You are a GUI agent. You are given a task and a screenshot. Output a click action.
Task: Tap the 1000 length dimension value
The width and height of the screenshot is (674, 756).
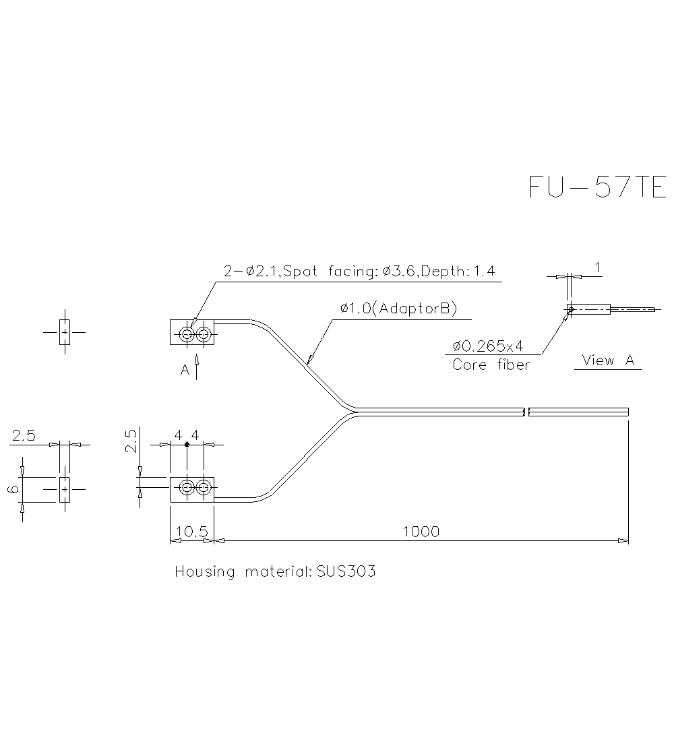point(421,532)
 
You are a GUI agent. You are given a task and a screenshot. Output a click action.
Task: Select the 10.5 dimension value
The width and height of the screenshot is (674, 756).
point(191,532)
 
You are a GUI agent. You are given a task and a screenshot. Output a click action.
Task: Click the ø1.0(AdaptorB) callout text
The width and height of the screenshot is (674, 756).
point(399,309)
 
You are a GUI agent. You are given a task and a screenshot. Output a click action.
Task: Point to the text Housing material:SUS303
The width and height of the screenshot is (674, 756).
point(275,572)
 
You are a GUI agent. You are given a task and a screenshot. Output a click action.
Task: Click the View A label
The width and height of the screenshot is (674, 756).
point(608,360)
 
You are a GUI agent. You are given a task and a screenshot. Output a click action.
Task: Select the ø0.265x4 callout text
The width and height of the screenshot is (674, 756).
point(488,346)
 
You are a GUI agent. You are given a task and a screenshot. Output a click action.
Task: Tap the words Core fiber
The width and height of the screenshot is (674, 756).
point(491,365)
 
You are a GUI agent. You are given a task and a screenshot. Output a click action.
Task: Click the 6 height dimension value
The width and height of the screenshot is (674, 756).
point(13,489)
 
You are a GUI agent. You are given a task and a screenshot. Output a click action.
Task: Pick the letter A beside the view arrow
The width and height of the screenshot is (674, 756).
point(185,370)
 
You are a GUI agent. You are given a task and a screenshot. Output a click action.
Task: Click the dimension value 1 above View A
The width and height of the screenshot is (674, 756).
point(597,267)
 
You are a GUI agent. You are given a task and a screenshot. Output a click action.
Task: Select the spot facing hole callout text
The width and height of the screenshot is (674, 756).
point(359,272)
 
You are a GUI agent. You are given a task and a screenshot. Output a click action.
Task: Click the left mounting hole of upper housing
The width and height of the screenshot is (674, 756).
point(187,333)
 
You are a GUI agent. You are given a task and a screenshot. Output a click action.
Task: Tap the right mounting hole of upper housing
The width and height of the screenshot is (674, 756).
point(203,333)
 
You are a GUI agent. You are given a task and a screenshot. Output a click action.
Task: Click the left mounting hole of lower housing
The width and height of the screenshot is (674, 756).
point(187,487)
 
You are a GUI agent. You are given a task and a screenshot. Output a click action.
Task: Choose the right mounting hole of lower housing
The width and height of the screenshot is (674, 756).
point(203,487)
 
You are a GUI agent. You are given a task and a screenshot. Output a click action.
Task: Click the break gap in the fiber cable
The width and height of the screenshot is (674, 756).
point(526,411)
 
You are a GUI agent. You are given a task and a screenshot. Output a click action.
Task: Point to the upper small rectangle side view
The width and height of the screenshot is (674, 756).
point(64,332)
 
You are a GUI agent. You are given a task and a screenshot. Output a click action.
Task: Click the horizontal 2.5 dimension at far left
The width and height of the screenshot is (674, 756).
point(24,436)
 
